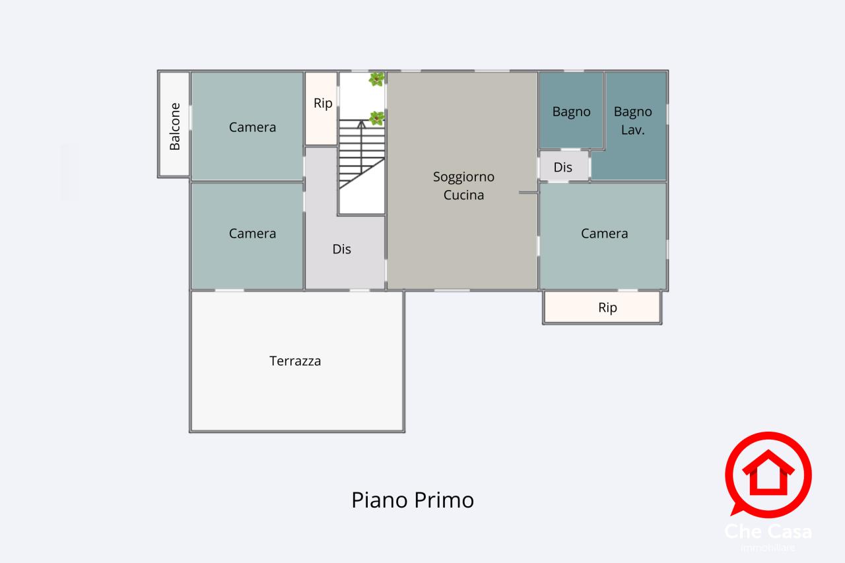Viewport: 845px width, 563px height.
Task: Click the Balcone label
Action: (x=175, y=126)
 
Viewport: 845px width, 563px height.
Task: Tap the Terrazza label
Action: (x=295, y=361)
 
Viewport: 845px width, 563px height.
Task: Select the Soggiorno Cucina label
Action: (x=463, y=185)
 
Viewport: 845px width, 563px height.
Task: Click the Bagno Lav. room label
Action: (x=632, y=121)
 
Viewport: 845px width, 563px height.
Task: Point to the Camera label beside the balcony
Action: (x=252, y=127)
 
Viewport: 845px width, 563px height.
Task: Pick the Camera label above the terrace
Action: (x=252, y=233)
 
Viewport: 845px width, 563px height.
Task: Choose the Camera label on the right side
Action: (x=604, y=233)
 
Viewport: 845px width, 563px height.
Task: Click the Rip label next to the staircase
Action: (x=323, y=103)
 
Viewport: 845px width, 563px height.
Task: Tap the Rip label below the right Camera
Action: (x=607, y=308)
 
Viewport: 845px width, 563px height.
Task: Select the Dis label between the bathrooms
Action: (x=563, y=168)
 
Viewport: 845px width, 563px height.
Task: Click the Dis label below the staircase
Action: (x=341, y=249)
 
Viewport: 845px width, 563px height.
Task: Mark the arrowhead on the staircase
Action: (x=361, y=123)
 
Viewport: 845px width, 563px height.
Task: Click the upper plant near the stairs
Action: (x=376, y=79)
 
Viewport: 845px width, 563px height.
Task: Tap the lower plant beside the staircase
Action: (x=376, y=118)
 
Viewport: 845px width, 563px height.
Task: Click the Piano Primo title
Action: (x=413, y=500)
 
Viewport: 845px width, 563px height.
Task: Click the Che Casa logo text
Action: (x=768, y=531)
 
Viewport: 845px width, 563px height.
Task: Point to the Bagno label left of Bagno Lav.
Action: (x=571, y=112)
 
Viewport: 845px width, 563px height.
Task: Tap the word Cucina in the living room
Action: (x=463, y=195)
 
